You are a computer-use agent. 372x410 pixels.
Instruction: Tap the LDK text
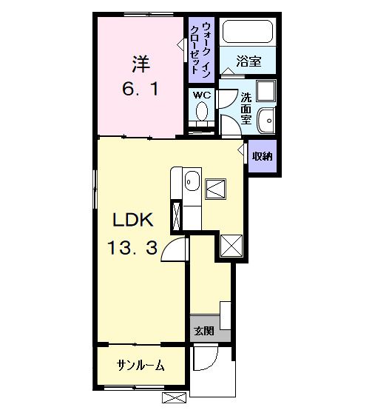coord(132,220)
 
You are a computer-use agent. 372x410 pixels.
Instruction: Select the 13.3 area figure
coord(133,249)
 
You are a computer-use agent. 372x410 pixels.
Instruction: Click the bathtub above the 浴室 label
coord(247,32)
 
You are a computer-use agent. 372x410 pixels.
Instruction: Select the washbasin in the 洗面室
coord(267,119)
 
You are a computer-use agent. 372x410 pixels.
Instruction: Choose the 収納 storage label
coord(262,156)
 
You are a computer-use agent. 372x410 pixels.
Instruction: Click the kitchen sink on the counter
coord(192,179)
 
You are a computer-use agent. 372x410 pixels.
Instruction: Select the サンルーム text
coord(140,366)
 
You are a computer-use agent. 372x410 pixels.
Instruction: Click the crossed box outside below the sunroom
coord(174,398)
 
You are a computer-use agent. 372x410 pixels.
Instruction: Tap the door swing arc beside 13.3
coord(176,252)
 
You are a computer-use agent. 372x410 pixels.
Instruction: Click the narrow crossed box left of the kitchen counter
coord(177,215)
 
